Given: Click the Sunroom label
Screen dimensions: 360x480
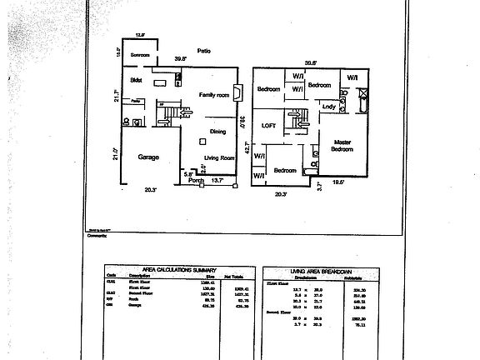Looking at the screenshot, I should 139,55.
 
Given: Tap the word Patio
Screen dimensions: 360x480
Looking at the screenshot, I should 202,51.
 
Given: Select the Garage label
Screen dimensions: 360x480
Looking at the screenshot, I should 147,157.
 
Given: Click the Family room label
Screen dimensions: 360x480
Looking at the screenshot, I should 213,96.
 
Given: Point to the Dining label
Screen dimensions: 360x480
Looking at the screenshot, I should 217,132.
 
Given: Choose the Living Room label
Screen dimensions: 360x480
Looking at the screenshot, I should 220,157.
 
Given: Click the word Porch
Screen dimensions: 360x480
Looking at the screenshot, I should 197,180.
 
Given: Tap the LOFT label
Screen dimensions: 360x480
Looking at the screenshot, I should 268,126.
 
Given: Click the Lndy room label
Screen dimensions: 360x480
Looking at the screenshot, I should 329,107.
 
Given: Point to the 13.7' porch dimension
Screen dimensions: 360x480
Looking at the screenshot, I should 217,180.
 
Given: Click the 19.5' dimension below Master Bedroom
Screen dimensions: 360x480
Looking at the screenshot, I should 339,181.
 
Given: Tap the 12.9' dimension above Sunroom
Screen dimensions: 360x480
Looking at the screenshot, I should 140,35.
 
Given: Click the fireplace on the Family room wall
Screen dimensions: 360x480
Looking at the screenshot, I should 238,92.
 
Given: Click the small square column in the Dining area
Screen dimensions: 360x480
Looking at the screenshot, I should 202,142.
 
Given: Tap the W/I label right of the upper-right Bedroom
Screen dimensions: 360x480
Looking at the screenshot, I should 352,77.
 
